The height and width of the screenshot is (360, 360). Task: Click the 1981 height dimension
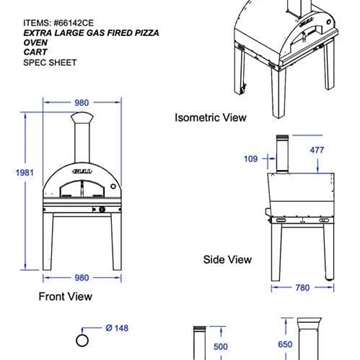pos(17,171)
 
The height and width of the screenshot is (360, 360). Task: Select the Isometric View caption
pos(212,118)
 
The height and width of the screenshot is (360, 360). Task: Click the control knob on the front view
pos(112,187)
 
